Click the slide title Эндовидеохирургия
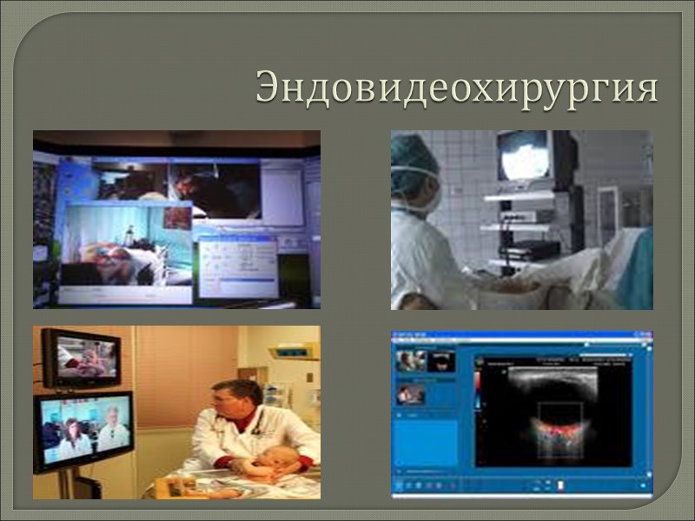[456, 89]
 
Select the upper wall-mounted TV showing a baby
[81, 356]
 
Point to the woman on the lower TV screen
[72, 439]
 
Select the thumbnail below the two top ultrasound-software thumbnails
[410, 393]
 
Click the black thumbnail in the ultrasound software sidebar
[441, 360]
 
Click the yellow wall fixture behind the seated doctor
[293, 353]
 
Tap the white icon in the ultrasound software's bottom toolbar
[561, 485]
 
